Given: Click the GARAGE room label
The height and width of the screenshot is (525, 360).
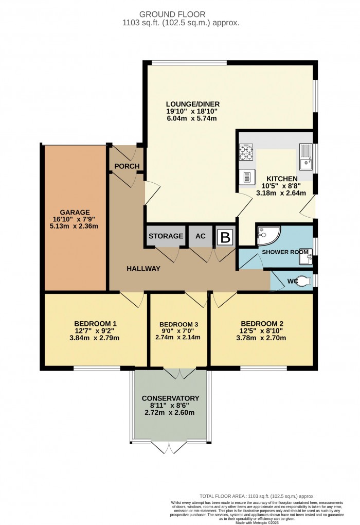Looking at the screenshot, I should pos(75,212).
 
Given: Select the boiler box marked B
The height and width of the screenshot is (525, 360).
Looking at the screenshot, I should pos(225,237).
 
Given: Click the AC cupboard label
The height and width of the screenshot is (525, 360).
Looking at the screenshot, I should pos(201,236).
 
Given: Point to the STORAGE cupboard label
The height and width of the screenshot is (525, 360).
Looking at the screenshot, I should pos(166,236).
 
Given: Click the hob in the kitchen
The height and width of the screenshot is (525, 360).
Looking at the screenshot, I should pos(246,152).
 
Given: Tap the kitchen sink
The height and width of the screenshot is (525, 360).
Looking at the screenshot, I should pos(305,156).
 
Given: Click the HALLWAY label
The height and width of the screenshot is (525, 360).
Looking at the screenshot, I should pos(144,269).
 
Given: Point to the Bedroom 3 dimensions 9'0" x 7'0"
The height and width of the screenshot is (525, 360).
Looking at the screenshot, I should pos(178,330).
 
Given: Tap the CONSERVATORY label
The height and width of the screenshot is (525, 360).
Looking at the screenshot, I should pos(170,398).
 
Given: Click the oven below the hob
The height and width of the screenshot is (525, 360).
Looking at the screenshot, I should pos(247,177).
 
